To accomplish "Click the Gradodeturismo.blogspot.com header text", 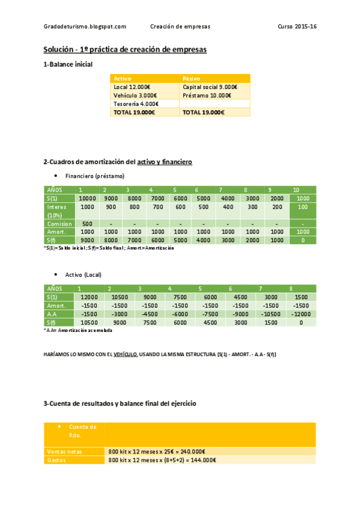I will [x=85, y=26].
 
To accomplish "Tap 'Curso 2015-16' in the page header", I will [x=297, y=26].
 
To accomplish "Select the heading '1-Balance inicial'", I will [x=68, y=64].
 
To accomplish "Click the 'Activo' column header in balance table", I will [x=123, y=79].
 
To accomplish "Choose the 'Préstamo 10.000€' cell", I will [x=207, y=95].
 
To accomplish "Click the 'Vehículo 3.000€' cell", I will [x=135, y=95].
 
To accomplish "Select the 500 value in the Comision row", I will [x=87, y=224].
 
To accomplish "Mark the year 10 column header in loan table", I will [x=296, y=190].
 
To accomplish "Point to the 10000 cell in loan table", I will [x=88, y=198].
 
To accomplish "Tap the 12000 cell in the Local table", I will [x=88, y=297].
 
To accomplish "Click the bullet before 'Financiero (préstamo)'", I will [x=55, y=176].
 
